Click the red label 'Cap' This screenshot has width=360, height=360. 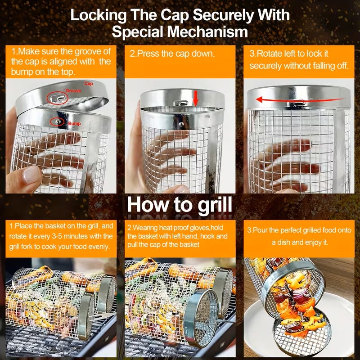tap(89, 83)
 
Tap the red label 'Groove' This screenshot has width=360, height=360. tap(73, 91)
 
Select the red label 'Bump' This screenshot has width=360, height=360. tap(74, 123)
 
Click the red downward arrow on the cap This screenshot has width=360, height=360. tap(195, 99)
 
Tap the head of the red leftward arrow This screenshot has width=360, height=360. tap(260, 99)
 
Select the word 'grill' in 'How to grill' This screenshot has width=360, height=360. tap(215, 205)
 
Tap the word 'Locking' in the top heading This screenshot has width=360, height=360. tap(98, 16)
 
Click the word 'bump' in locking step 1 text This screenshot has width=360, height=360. tap(21, 72)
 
